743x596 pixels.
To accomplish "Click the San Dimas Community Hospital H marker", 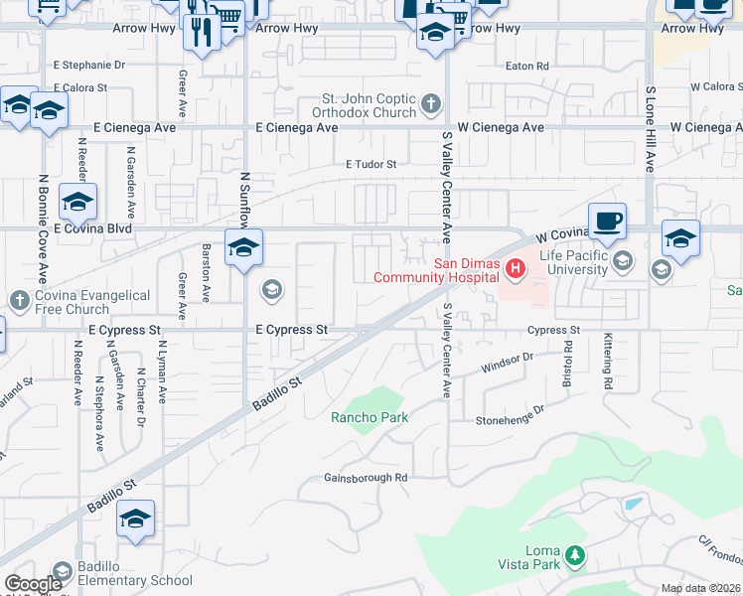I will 516,267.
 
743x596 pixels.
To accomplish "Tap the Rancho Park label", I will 370,417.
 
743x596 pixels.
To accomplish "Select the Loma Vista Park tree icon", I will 574,555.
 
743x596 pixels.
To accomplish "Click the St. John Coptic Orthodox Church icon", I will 430,103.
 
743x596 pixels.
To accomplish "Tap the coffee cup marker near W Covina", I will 607,221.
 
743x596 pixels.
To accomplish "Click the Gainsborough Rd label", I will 366,478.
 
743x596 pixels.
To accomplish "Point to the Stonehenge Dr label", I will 513,414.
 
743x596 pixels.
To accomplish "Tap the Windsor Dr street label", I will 507,362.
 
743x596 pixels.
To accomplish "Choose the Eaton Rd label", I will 526,67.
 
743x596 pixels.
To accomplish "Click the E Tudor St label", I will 371,164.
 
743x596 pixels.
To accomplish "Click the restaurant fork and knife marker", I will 203,30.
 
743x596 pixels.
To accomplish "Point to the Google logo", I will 34,584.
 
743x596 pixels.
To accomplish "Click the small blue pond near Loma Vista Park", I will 633,503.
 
